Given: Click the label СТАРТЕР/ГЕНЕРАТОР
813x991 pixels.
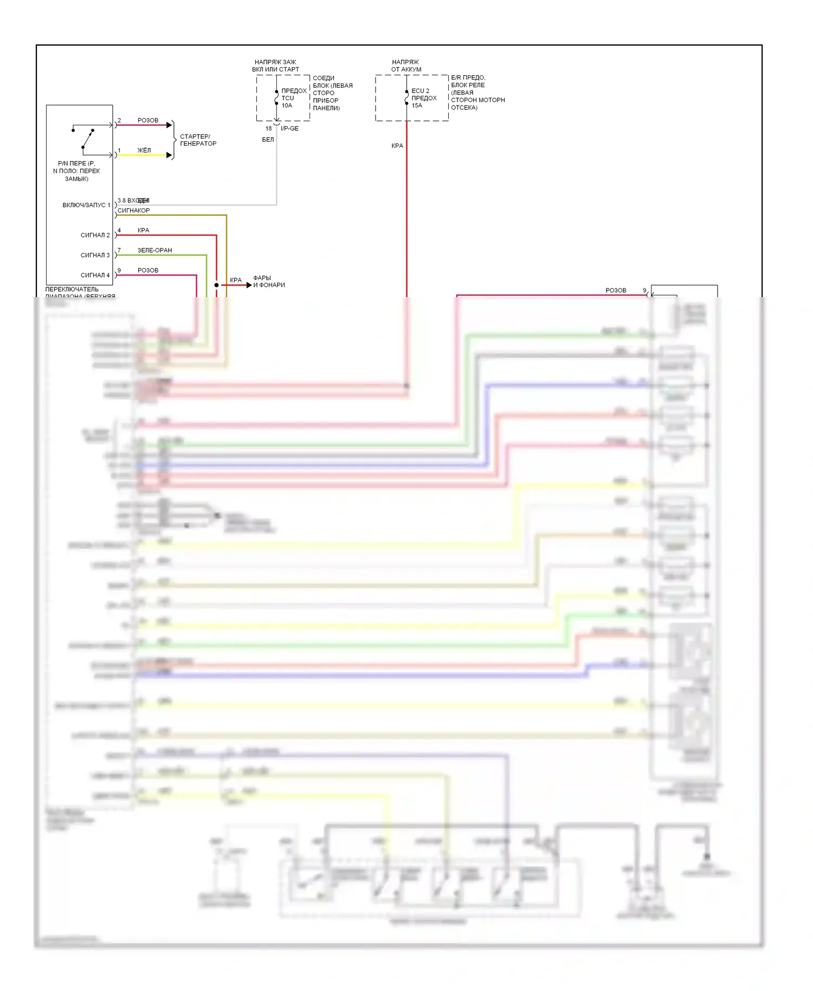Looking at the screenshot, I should click(x=198, y=140).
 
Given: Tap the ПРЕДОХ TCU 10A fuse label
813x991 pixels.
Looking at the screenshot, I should click(x=293, y=98).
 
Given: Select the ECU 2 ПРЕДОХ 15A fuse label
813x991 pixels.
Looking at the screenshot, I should click(x=423, y=98).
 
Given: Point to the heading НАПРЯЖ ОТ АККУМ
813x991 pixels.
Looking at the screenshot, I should click(x=406, y=66).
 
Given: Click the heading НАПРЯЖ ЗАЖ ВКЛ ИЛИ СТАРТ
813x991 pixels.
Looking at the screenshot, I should click(x=275, y=66).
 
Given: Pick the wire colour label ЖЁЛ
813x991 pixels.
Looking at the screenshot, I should click(x=144, y=150).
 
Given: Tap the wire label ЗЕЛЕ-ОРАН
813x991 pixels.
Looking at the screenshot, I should click(x=154, y=250).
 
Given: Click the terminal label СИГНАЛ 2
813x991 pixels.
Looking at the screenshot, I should click(x=95, y=235).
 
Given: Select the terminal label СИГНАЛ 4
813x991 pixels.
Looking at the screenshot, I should click(x=95, y=275).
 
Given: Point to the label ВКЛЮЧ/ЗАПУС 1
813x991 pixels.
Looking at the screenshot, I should click(x=86, y=205).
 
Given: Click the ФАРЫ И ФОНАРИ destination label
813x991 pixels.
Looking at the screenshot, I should click(x=269, y=281).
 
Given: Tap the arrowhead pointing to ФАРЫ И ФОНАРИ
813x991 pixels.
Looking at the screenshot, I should click(x=249, y=285).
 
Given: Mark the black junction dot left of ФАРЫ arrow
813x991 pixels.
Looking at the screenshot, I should click(x=216, y=285).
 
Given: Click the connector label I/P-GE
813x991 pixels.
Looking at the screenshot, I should click(x=289, y=128).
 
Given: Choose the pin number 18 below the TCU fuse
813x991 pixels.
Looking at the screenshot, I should click(x=268, y=128).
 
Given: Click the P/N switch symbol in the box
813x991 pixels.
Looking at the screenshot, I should click(x=83, y=138).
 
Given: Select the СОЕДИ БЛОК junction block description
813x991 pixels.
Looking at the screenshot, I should click(x=332, y=93).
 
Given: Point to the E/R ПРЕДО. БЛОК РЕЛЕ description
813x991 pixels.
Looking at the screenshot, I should click(x=478, y=93).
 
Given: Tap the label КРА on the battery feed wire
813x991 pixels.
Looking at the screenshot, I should click(x=397, y=146).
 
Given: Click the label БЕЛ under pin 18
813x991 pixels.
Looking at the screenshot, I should click(x=268, y=140).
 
